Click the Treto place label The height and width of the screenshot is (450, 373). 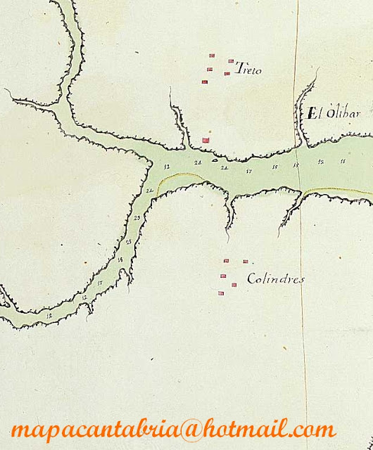251,69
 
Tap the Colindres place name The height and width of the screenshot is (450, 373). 276,279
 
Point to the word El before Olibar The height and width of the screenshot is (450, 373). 313,112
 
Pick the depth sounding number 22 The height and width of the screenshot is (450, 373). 149,191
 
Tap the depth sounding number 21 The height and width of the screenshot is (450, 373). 224,168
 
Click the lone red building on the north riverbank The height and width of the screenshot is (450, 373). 206,140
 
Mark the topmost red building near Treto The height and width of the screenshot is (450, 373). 211,54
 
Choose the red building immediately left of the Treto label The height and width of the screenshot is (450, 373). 227,73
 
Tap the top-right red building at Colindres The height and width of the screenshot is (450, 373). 245,262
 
